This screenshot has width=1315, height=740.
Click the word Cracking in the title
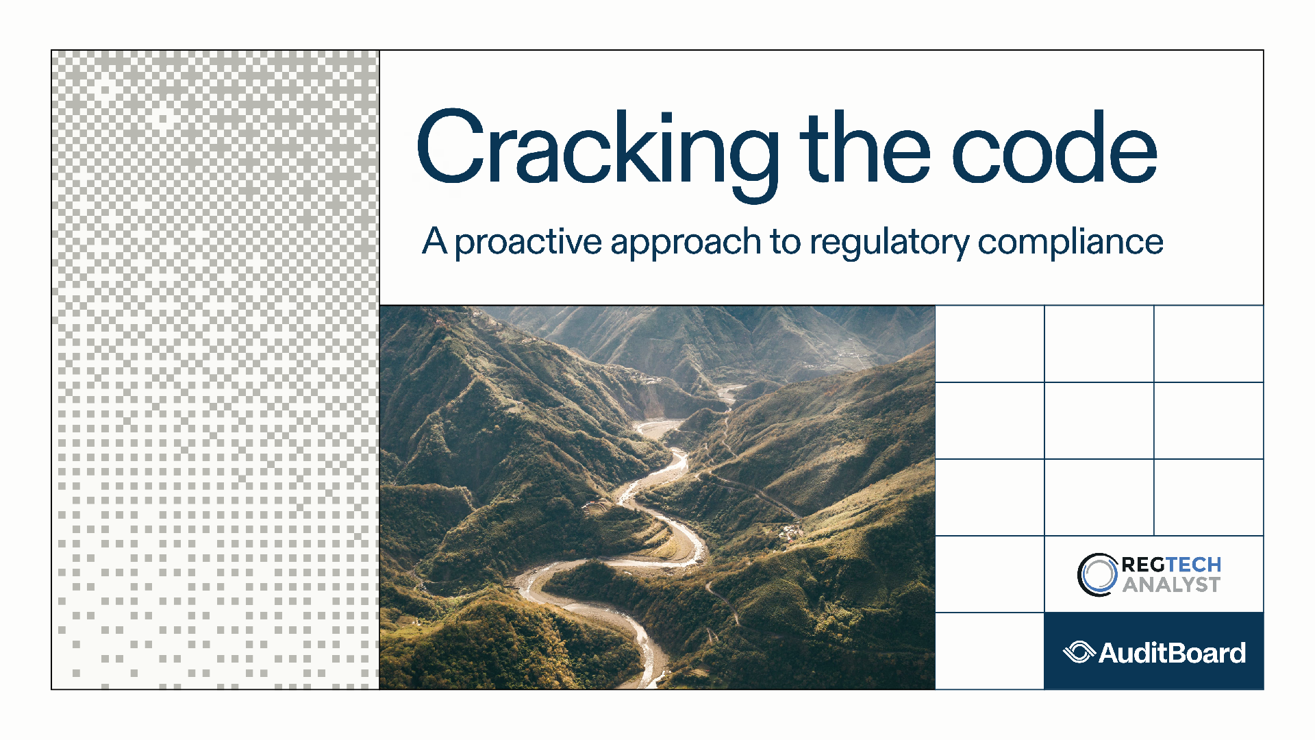tap(598, 155)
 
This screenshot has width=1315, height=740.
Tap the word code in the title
tap(1055, 147)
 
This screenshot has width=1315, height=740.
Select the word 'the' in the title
tap(866, 147)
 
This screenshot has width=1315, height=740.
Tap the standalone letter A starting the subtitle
tap(435, 241)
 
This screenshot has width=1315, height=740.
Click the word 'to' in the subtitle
tap(786, 242)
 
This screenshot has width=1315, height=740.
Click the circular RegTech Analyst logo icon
tap(1098, 575)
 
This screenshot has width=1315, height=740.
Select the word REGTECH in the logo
tap(1171, 565)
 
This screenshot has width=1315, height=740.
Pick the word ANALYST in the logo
tap(1171, 584)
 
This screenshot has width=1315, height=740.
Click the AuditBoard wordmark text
tap(1172, 653)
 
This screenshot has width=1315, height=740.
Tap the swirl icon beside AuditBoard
tap(1079, 652)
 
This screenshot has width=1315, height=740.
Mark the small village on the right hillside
tap(791, 530)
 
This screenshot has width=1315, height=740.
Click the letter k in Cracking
tap(634, 147)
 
